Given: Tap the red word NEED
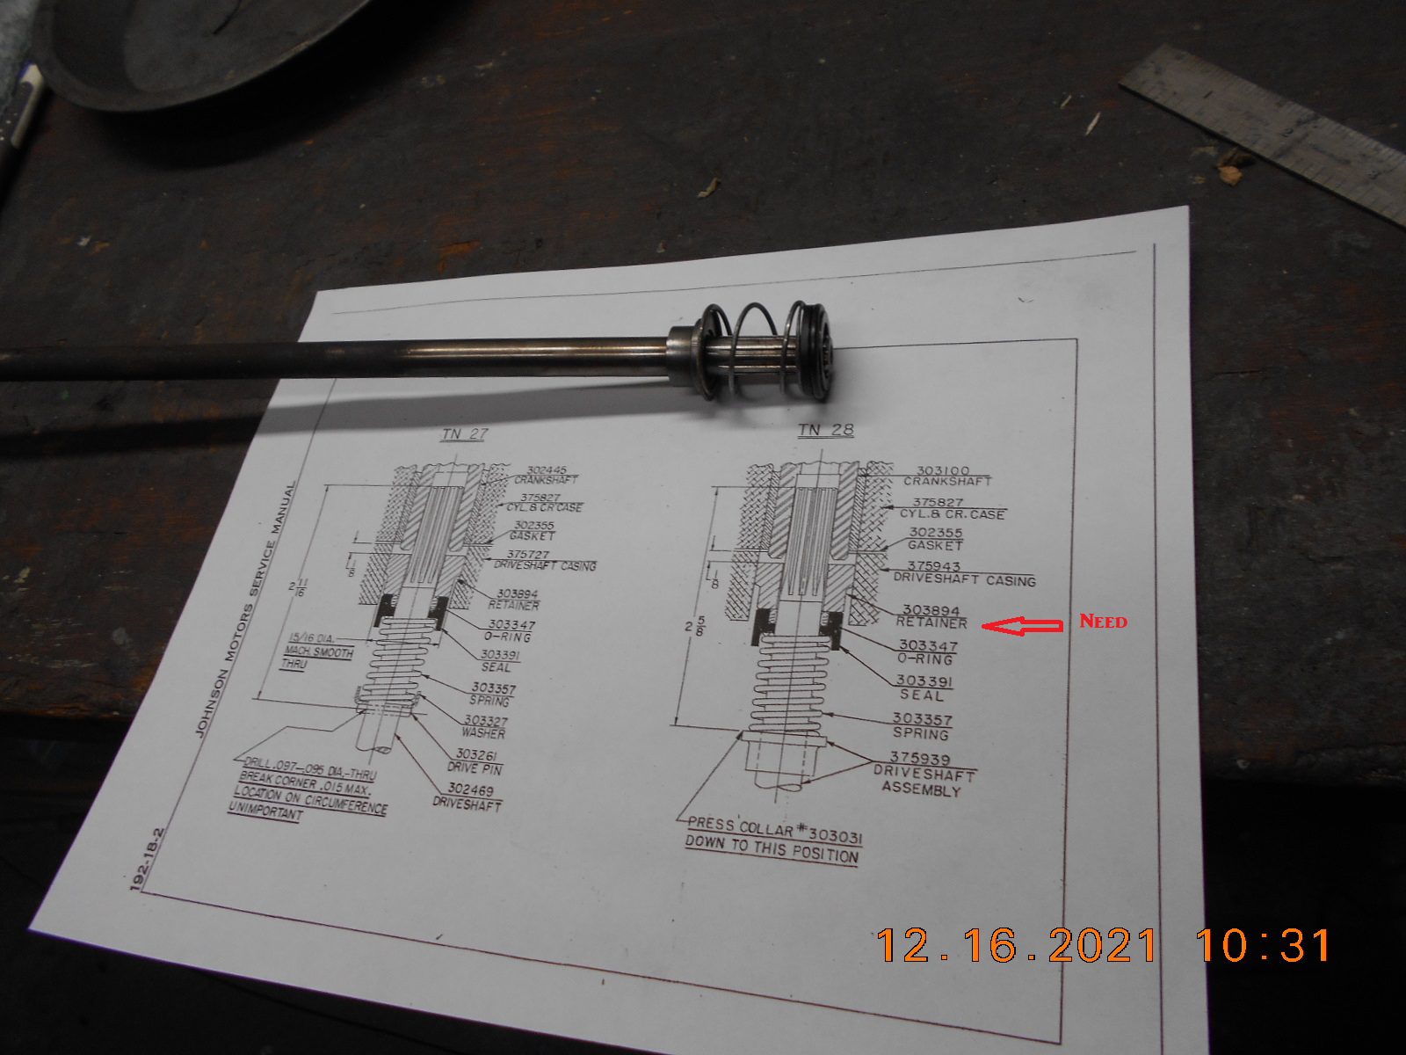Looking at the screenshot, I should [1103, 622].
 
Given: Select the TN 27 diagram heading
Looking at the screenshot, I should [463, 433].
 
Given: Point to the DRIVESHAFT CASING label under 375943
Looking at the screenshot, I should [964, 579].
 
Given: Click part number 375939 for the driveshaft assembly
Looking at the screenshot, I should [919, 758].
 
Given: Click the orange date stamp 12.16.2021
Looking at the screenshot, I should [1017, 946].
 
